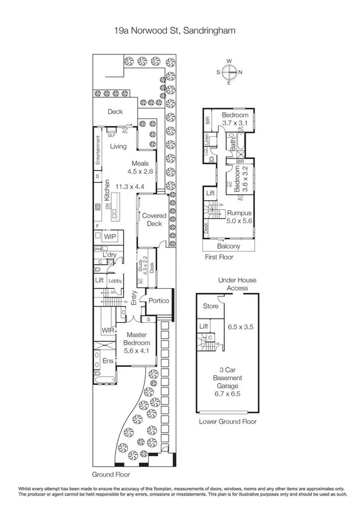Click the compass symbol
click(229, 72)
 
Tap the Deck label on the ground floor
click(115, 112)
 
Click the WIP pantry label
click(109, 237)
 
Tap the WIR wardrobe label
click(108, 330)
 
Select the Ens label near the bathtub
click(108, 361)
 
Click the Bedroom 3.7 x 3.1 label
click(234, 118)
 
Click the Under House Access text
click(228, 283)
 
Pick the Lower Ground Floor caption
click(227, 421)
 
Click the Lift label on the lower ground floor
click(203, 326)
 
